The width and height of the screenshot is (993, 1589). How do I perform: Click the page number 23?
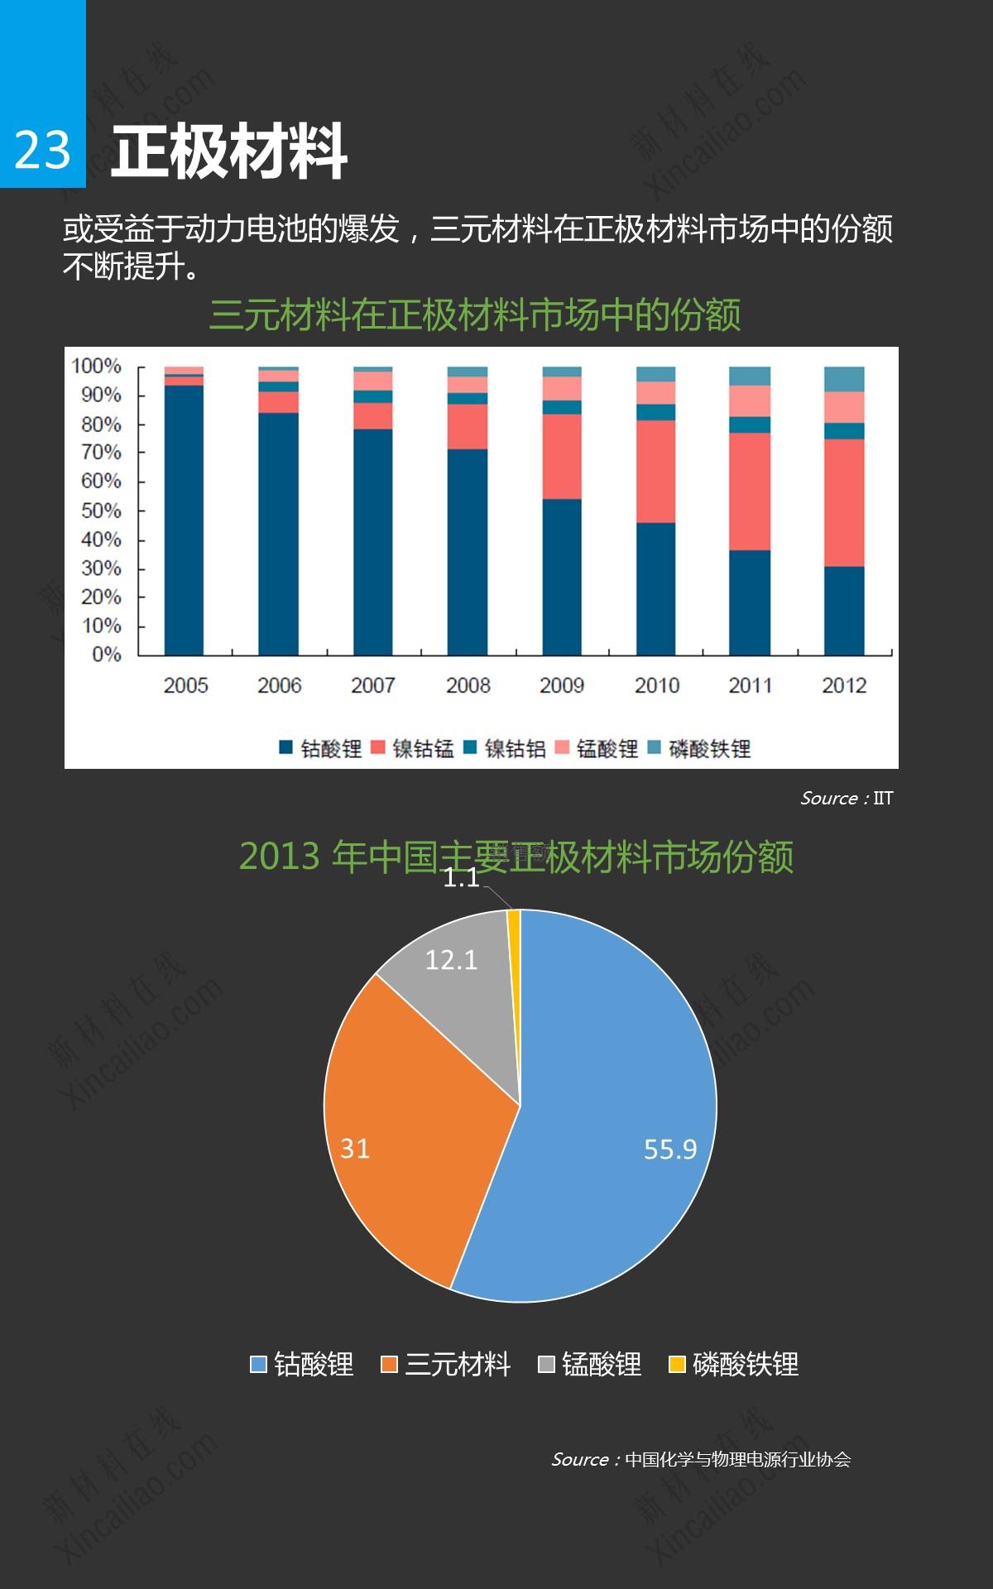(x=42, y=151)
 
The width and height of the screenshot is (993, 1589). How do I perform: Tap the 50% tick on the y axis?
(x=101, y=511)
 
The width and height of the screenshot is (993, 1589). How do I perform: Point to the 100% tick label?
(x=96, y=366)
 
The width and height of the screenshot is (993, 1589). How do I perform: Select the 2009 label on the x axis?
(x=562, y=685)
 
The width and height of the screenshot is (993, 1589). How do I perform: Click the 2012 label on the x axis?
(x=844, y=685)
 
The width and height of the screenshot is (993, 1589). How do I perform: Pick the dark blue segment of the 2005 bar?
(x=184, y=521)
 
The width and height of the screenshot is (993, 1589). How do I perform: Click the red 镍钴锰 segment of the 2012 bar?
(x=844, y=502)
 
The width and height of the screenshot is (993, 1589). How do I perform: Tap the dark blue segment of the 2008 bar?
(x=468, y=553)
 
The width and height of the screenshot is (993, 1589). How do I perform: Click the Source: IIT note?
(x=847, y=798)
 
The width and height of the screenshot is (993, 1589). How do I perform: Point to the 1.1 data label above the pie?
(x=461, y=877)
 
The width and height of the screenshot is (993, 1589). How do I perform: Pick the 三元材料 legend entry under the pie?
(x=447, y=1364)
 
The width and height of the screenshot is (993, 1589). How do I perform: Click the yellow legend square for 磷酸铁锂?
(x=677, y=1364)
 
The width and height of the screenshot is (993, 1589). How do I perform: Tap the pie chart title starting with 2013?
(x=516, y=856)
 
